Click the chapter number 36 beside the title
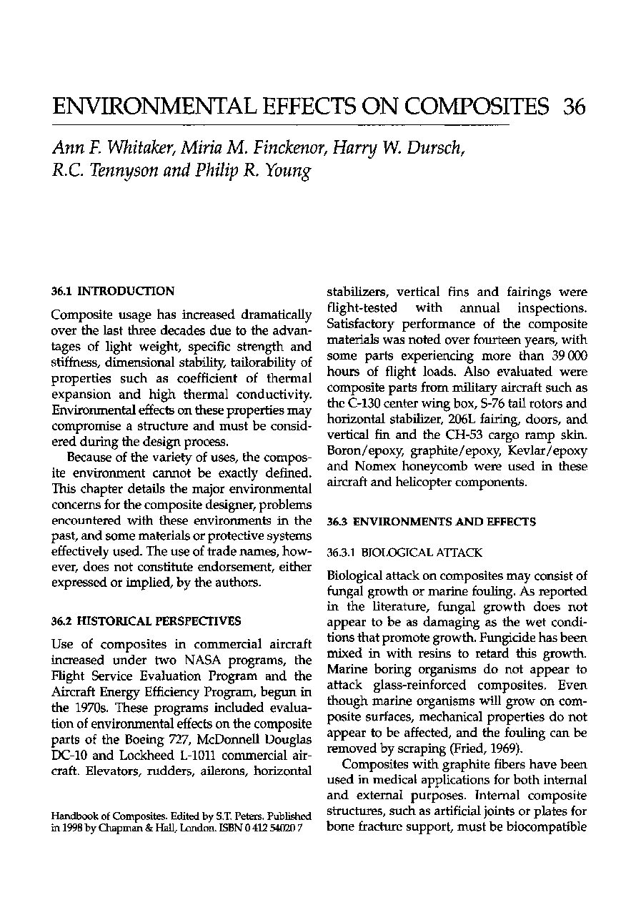click(574, 107)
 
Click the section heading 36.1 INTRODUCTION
click(113, 291)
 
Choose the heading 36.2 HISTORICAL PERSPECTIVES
click(146, 620)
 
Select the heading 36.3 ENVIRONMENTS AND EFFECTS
click(431, 523)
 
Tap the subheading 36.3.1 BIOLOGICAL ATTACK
click(404, 553)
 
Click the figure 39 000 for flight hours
click(568, 355)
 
